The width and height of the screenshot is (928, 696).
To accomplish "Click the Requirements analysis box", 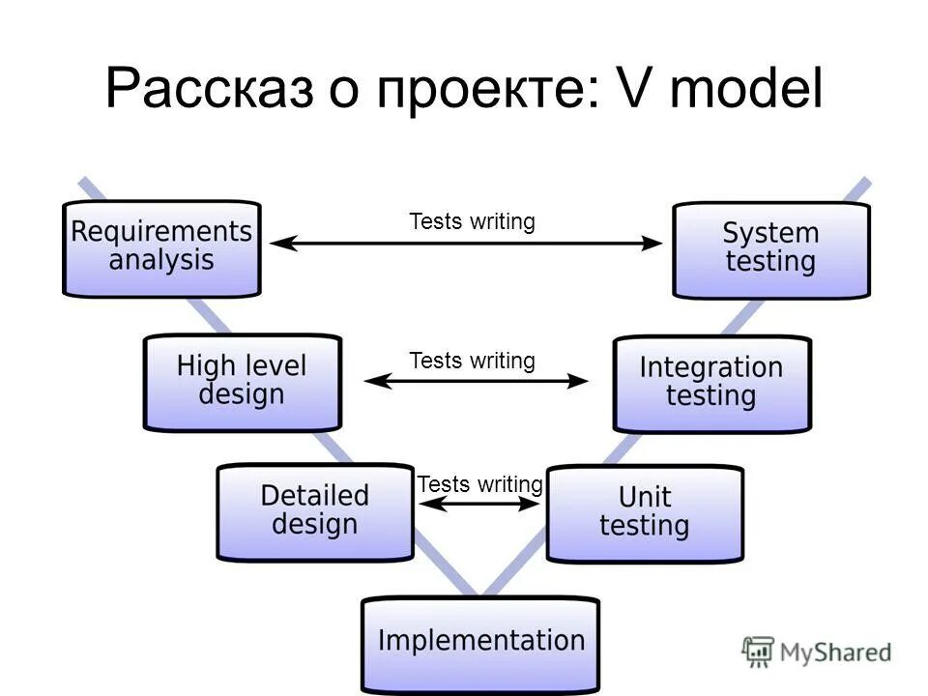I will tap(161, 247).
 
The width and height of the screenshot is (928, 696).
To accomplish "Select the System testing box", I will tap(770, 249).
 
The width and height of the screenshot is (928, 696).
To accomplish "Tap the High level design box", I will tap(242, 382).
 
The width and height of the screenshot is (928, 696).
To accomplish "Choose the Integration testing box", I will tap(711, 383).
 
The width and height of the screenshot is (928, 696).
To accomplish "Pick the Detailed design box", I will tap(315, 511).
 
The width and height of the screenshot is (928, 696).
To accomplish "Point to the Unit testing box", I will tap(645, 512).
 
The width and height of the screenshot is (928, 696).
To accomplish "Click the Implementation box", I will tap(480, 642).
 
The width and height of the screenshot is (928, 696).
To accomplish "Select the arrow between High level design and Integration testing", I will tap(477, 381).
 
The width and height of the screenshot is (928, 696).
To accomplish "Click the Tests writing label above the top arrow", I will tap(472, 222).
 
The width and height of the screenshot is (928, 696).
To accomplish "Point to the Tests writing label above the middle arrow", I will tap(472, 361).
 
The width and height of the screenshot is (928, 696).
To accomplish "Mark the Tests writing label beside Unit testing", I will tap(480, 483).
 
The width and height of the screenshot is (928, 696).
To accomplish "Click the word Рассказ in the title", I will tap(209, 90).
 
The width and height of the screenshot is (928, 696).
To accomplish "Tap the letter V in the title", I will tap(633, 90).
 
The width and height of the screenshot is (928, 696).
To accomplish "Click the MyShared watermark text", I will tap(836, 652).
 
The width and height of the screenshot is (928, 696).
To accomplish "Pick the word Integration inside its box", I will tap(711, 368).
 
